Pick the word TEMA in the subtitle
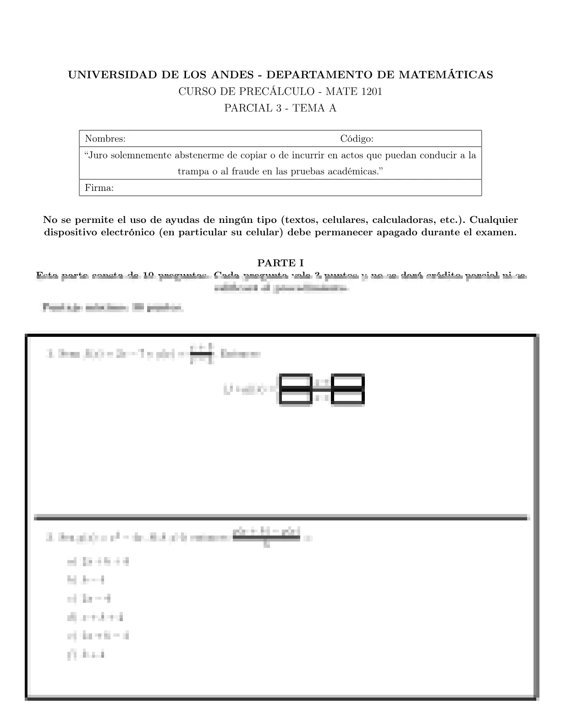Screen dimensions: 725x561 click(x=306, y=108)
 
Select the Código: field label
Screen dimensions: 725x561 click(x=357, y=138)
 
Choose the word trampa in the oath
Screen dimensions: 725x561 click(x=192, y=172)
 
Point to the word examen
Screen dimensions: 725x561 click(x=497, y=232)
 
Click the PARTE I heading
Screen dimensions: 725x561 click(x=280, y=263)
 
